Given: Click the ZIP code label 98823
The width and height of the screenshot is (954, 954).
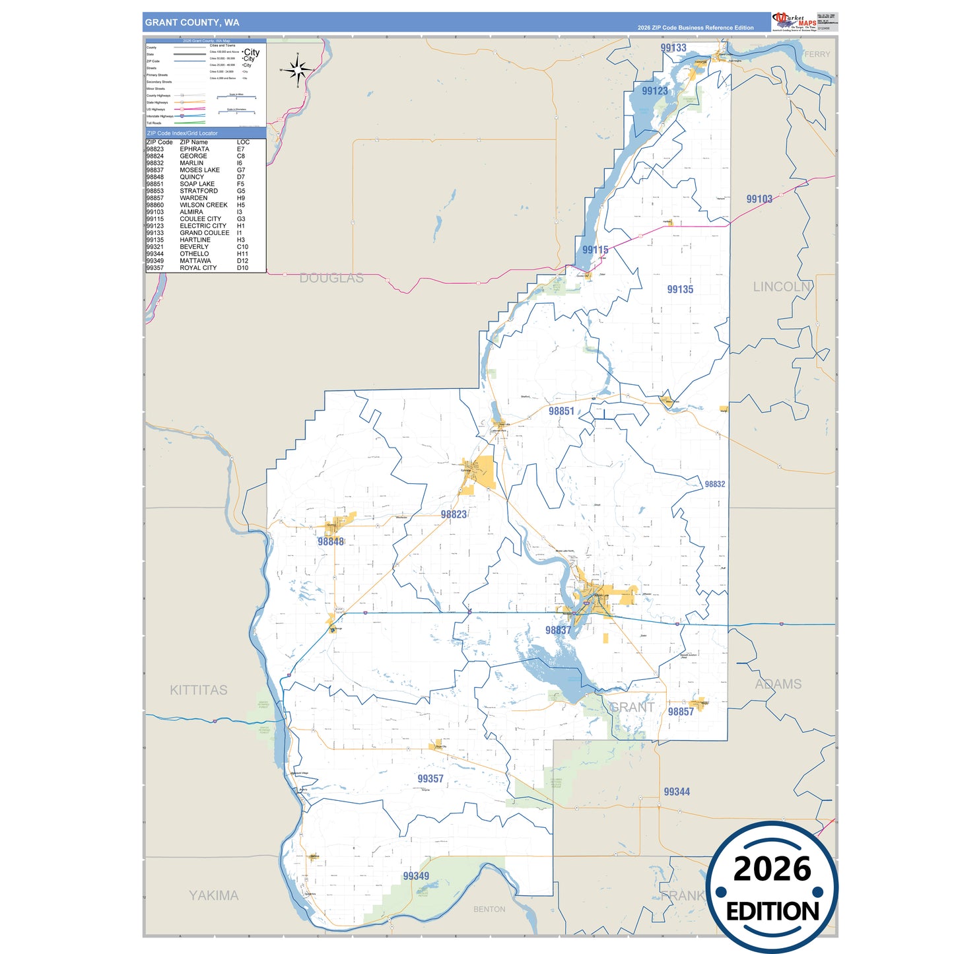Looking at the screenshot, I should point(454,514).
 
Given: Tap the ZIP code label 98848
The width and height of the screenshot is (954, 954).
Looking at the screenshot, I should point(331,541).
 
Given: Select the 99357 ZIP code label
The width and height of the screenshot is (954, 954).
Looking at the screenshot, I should point(430,779).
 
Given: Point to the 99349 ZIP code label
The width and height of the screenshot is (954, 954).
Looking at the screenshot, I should point(416,876).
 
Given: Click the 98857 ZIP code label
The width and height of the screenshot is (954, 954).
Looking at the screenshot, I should point(681,712).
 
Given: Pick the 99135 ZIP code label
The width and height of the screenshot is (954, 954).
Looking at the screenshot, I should point(680,289).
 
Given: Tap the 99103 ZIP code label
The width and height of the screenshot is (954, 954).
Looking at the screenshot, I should point(759,199).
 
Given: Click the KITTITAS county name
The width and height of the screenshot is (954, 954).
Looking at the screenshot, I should point(199,690).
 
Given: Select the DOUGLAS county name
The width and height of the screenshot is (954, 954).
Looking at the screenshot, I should point(331,278).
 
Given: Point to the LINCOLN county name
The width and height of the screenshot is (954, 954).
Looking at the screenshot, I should point(782,287).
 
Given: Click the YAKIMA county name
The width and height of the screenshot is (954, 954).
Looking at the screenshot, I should point(213,895).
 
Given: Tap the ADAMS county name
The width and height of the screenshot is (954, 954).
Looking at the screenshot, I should point(778,684).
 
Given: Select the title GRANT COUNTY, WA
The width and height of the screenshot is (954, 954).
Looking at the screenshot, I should point(192,22).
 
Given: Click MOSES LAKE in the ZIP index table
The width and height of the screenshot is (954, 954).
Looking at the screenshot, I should point(199,170).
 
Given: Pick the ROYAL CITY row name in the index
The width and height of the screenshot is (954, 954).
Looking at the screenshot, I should point(198,268).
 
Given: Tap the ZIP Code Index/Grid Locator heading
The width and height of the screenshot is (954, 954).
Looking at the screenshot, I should point(182,133).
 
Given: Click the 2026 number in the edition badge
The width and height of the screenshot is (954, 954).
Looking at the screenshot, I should point(772,869).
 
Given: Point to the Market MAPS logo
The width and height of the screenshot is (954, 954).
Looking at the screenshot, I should point(794,22).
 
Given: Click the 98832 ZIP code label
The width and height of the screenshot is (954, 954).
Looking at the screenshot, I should point(715,484).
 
